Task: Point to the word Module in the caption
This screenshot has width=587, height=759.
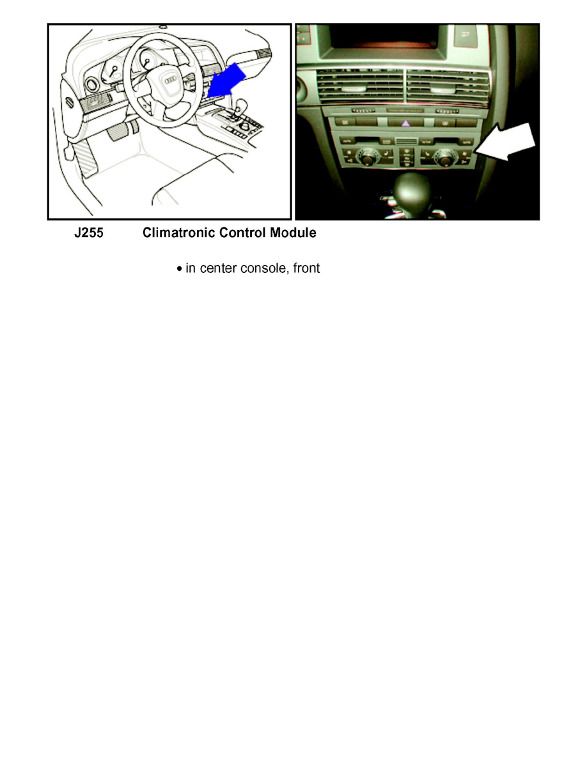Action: [293, 233]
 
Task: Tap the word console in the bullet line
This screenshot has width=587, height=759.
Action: [263, 269]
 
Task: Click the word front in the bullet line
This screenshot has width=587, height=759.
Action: [305, 269]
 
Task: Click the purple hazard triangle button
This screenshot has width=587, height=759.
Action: [405, 123]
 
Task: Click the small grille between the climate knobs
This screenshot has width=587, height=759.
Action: [404, 140]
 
